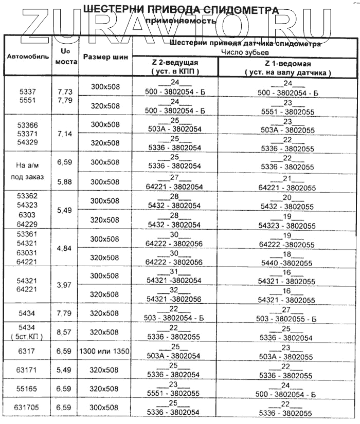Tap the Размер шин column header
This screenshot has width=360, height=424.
(x=105, y=58)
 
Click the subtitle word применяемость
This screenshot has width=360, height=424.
(x=179, y=21)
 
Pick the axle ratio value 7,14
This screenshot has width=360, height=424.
(x=66, y=134)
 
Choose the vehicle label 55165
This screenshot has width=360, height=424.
(x=28, y=389)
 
